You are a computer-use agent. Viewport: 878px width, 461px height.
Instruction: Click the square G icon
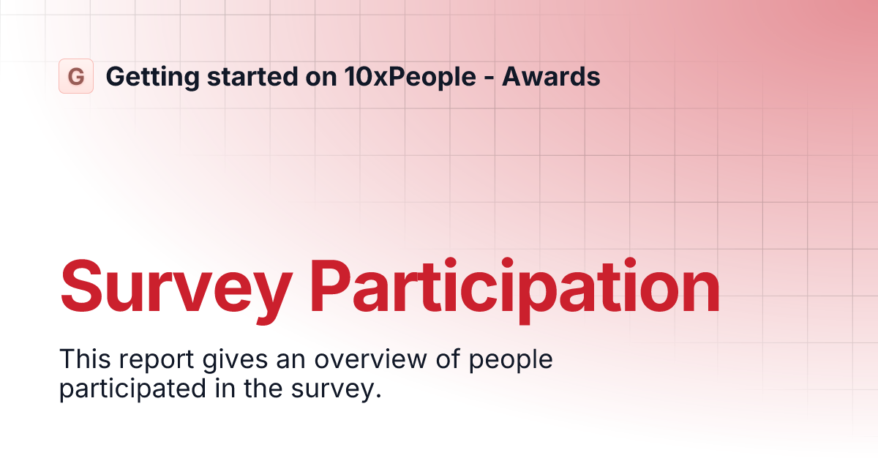tap(76, 76)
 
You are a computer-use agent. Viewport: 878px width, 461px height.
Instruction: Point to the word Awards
tap(552, 76)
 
